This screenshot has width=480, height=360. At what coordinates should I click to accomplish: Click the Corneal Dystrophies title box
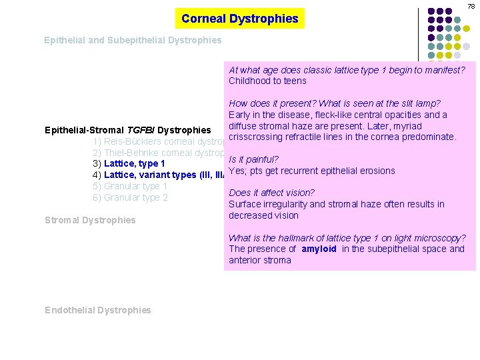pos(239,19)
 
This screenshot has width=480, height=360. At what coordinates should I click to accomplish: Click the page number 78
pos(471,6)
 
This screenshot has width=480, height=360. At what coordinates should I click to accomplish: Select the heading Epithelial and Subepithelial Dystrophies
pos(133,41)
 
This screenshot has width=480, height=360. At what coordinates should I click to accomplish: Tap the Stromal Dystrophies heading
pos(90,220)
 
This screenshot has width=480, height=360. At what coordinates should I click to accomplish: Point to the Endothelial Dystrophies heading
pos(98,310)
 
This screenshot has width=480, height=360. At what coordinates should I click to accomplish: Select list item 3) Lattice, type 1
pos(129,164)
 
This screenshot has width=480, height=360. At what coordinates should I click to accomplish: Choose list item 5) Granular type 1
pos(130,187)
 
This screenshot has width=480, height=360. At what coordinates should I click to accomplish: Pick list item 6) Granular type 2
pos(130,198)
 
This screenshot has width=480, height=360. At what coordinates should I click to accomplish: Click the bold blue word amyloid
pos(319,249)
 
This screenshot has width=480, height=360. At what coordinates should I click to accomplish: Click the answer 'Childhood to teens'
pos(267,81)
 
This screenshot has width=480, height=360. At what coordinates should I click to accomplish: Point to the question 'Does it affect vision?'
pos(271,193)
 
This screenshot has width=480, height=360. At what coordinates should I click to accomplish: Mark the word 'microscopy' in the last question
pos(441,238)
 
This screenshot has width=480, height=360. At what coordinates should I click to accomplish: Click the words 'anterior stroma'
pos(260,261)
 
